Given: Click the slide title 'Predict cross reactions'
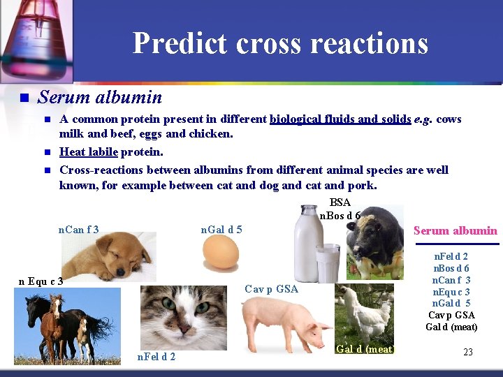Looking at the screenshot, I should click(280, 43).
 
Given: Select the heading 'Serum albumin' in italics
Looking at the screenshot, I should click(100, 97).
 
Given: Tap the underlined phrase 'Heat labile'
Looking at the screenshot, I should click(89, 151).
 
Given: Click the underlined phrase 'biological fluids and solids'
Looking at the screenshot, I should click(340, 119).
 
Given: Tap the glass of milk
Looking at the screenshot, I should click(327, 263).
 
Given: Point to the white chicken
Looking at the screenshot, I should click(369, 311).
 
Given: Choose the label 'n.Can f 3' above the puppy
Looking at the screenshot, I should click(78, 229).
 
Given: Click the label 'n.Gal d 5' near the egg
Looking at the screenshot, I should click(221, 229).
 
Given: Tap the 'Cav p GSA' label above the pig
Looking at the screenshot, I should click(271, 288).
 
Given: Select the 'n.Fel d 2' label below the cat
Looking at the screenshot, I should click(157, 357).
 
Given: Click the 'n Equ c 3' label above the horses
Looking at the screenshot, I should click(41, 281).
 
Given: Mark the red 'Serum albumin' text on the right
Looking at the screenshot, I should click(455, 230).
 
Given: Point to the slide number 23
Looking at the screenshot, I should click(468, 353).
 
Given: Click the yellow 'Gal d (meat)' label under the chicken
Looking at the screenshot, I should click(365, 349).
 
